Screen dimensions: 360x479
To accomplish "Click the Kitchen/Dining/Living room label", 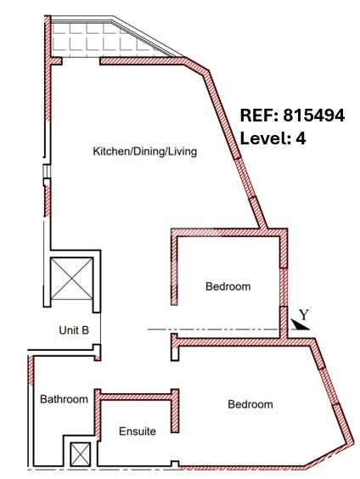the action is coord(144,151).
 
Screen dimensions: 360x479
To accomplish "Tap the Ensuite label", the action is coord(138,431).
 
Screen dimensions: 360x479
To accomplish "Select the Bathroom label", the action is coord(65,399).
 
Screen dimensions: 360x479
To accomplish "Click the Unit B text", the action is coord(74,330).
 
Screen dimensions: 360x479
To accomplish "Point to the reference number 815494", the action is coord(314,116).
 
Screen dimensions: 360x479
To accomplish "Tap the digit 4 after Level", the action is coord(301,138).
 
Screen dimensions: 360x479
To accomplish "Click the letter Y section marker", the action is coord(304,314).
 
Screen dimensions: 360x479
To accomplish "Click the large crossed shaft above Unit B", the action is coord(72,279).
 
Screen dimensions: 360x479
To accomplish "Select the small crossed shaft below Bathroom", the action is coord(81,454).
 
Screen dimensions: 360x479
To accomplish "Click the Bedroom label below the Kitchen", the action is coord(228,286).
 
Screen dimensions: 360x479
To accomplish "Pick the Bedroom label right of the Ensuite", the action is coord(250,404).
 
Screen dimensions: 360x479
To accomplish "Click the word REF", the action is coord(256,116).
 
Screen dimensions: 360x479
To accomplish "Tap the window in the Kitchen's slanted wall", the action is coord(246,178).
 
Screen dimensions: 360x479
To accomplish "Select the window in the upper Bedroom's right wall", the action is coord(284,287).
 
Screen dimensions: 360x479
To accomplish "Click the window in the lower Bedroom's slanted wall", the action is coord(329,386).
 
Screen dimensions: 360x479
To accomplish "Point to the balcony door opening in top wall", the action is coord(81,61).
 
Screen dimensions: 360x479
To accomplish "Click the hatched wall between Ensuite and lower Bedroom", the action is coord(175,411).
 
